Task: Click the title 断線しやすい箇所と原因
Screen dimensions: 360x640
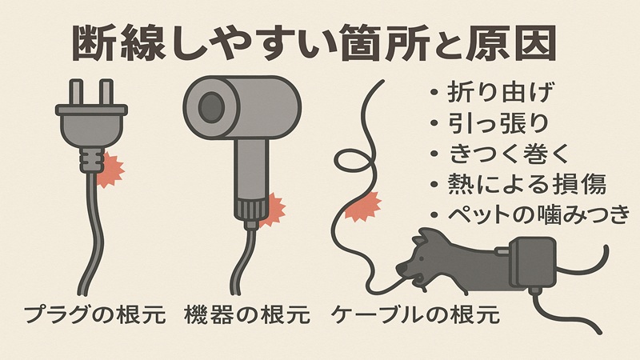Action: coord(314,42)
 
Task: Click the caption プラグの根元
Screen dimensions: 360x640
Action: coord(94,314)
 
